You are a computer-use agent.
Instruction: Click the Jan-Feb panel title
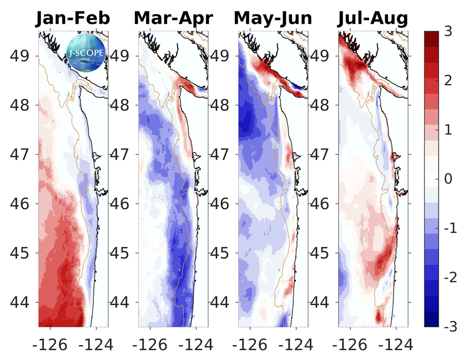point(73,19)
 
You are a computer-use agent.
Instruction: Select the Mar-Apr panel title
point(173,19)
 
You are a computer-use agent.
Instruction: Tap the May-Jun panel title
point(273,19)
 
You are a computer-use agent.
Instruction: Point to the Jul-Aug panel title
point(373,19)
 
